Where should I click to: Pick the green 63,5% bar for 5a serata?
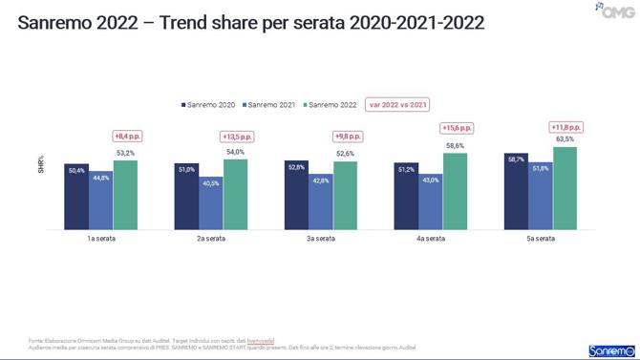565,188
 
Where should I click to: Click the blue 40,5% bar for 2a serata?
210,207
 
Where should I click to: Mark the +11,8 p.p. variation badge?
565,127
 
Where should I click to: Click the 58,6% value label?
455,145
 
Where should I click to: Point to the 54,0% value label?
235,151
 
